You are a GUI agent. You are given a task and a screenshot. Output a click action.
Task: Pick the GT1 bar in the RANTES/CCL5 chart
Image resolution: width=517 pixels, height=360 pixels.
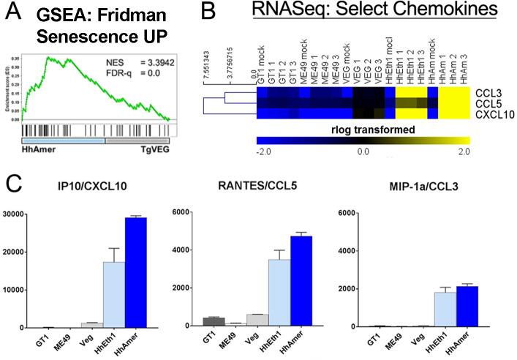(x=214, y=322)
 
